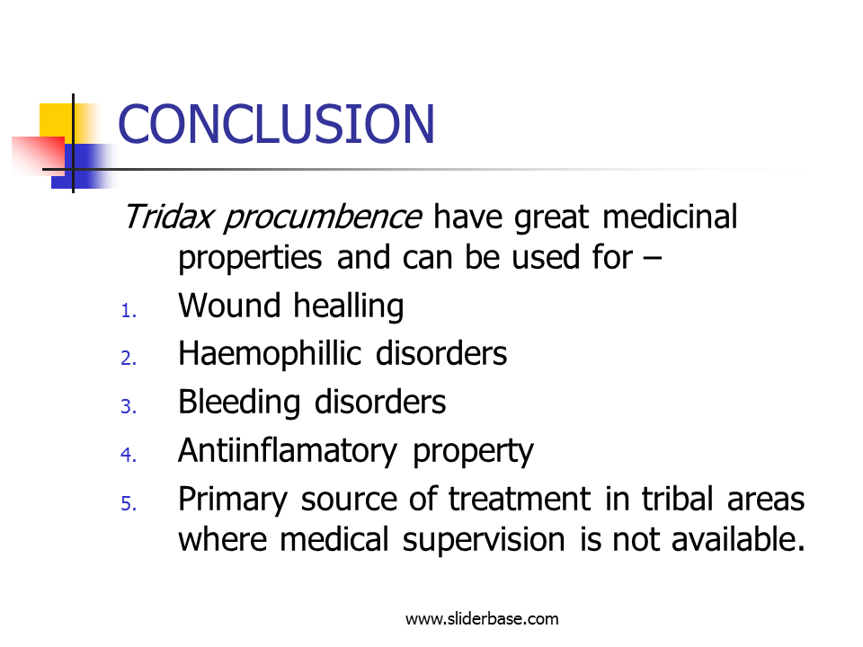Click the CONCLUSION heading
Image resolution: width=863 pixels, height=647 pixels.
pyautogui.click(x=276, y=124)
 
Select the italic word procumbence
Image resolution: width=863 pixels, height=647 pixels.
pyautogui.click(x=323, y=217)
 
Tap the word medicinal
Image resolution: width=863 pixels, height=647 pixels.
pyautogui.click(x=670, y=217)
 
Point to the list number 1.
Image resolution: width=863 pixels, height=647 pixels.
pyautogui.click(x=129, y=310)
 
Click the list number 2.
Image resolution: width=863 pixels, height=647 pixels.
pyautogui.click(x=129, y=359)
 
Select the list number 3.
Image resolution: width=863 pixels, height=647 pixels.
pyautogui.click(x=129, y=406)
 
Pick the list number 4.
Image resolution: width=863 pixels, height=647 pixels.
pyautogui.click(x=129, y=455)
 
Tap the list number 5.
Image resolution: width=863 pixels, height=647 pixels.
pyautogui.click(x=129, y=503)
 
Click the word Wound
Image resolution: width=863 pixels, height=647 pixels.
pyautogui.click(x=229, y=306)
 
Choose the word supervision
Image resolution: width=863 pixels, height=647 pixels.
pyautogui.click(x=484, y=541)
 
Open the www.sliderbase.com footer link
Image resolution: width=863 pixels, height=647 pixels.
pyautogui.click(x=482, y=619)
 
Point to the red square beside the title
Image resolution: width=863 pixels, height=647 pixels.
pyautogui.click(x=39, y=156)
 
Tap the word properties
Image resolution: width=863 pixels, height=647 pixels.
pyautogui.click(x=251, y=259)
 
